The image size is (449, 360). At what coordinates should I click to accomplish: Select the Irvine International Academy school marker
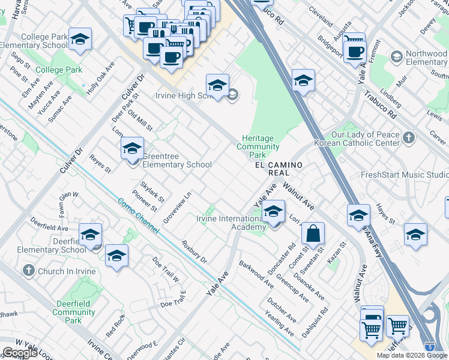pos(273,212)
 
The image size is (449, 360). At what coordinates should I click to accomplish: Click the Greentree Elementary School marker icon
pos(132,149)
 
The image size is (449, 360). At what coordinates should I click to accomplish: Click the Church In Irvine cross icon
pos(28,271)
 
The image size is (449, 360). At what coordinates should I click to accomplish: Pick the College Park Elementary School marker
pos(80,40)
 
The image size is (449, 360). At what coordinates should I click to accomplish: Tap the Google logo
pos(20,353)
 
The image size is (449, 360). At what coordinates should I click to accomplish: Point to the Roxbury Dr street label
pos(194,253)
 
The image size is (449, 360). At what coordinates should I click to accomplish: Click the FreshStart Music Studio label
pos(404,175)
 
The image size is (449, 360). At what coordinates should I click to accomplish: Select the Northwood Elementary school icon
pos(396,57)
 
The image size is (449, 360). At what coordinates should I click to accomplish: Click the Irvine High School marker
pos(217,85)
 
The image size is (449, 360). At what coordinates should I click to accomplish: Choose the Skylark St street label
pos(152,191)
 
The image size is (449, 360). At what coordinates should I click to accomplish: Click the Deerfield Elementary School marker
pos(90,235)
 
